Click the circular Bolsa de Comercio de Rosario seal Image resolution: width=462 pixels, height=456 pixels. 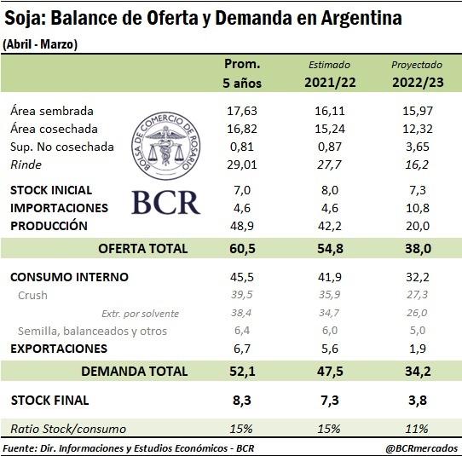point(166,146)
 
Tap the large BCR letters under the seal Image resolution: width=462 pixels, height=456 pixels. point(166,202)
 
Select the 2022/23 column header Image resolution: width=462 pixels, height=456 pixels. point(418,82)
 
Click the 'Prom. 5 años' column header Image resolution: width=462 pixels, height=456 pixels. point(242,73)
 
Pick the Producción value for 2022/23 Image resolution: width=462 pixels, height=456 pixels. point(418,226)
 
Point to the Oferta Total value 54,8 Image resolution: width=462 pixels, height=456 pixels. point(330,249)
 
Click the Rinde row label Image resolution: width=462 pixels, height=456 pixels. point(26,165)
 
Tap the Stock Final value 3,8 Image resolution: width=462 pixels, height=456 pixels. point(418,401)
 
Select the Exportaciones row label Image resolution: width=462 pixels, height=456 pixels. point(59,349)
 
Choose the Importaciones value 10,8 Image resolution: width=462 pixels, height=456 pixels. point(418,208)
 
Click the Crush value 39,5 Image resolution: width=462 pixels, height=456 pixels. point(241,295)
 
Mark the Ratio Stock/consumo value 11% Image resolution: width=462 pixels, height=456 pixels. point(417,429)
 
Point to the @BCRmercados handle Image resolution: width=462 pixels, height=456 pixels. point(421,448)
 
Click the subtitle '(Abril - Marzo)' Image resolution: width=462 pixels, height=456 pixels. point(40,44)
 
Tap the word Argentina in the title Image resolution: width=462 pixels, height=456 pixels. point(361,18)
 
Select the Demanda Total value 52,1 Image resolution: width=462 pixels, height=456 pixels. point(242,371)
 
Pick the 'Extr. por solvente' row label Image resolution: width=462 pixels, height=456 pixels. point(141,314)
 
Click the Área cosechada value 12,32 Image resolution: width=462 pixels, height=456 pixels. point(418,129)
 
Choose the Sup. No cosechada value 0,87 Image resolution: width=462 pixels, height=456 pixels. point(330,147)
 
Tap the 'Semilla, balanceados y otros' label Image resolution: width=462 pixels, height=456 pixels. point(92,331)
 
